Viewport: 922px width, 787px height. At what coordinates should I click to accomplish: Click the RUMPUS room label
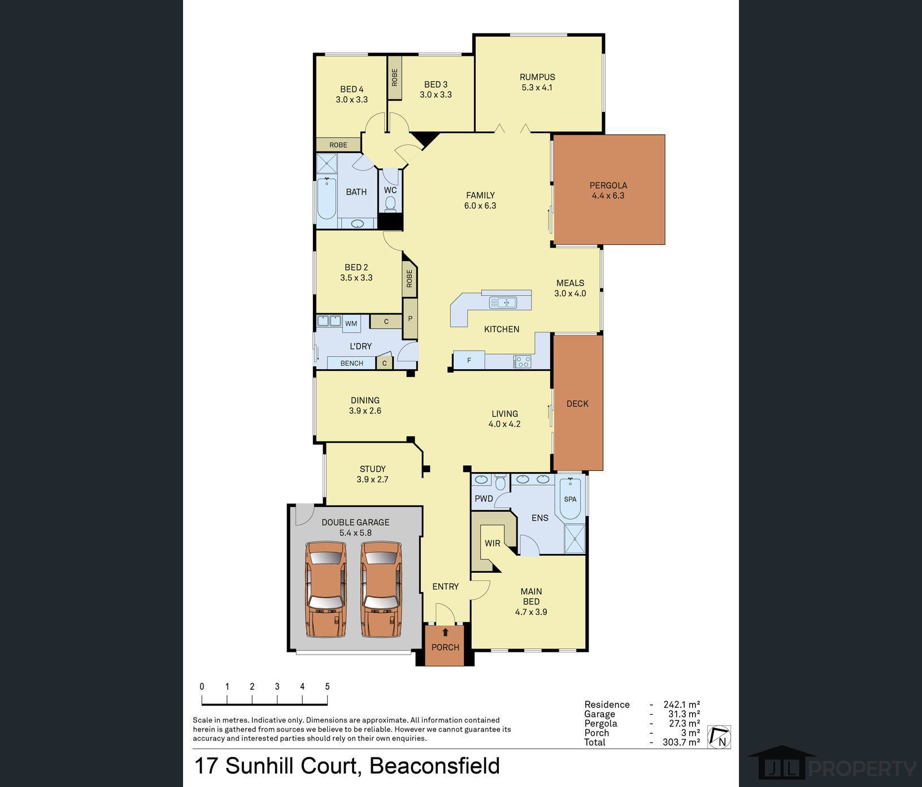tap(537, 77)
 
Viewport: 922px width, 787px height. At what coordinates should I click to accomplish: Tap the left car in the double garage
tap(325, 589)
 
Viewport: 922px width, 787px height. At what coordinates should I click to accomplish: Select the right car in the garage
tap(381, 589)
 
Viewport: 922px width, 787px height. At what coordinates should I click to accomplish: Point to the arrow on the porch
tap(445, 632)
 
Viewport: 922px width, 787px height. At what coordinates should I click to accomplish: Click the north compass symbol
tap(719, 737)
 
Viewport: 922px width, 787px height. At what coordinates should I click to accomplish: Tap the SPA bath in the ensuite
tap(570, 498)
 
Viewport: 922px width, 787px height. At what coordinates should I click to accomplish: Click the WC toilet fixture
tap(390, 203)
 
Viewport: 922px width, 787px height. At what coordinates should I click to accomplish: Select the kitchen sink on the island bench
tap(503, 302)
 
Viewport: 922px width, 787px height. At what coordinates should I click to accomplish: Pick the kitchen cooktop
tap(521, 361)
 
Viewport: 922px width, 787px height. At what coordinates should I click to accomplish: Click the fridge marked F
tap(469, 360)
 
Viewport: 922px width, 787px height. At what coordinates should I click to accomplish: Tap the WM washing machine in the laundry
tap(351, 323)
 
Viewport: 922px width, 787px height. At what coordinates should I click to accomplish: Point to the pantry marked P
tap(410, 319)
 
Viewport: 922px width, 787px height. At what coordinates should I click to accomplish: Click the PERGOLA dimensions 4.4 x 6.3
tap(608, 196)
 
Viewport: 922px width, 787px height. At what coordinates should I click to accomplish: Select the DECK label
tap(577, 404)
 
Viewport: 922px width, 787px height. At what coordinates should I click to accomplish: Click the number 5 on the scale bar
tap(327, 686)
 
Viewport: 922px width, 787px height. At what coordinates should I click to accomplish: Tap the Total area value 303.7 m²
tap(681, 742)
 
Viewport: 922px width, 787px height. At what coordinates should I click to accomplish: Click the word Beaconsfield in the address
tap(434, 766)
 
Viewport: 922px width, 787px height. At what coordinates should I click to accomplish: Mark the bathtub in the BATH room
tap(327, 198)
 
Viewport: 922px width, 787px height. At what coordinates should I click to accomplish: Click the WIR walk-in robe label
tap(492, 543)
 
